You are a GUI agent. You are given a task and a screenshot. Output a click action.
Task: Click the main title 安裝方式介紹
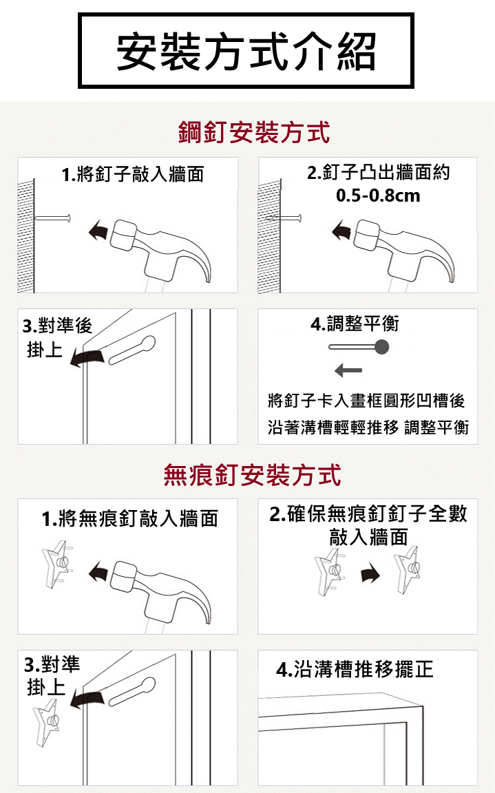[x=246, y=52]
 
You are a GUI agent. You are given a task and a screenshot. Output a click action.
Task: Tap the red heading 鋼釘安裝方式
[x=254, y=132]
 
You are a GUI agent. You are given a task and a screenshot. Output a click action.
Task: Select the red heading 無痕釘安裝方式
[x=252, y=476]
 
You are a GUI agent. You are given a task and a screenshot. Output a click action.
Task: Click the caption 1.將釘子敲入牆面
[x=132, y=174]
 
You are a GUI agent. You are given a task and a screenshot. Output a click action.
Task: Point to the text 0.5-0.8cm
[x=378, y=195]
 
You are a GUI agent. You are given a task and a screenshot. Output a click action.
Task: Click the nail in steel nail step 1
[x=52, y=218]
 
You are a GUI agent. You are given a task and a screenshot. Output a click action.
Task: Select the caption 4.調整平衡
[x=355, y=324]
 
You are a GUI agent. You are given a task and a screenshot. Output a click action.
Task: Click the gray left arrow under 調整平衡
[x=348, y=371]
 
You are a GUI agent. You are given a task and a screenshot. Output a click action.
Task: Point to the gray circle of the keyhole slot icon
[x=381, y=347]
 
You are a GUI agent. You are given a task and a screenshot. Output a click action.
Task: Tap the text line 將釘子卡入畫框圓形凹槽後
[x=366, y=401]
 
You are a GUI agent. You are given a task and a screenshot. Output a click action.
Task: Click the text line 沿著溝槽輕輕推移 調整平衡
[x=368, y=427]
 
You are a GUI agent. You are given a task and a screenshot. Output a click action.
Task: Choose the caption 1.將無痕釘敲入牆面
[x=130, y=518]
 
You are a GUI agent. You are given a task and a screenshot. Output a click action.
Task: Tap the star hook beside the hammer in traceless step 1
[x=56, y=564]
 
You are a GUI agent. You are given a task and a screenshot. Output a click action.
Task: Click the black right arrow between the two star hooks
[x=370, y=573]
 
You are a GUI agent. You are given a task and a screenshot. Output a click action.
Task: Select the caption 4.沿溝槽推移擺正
[x=355, y=669]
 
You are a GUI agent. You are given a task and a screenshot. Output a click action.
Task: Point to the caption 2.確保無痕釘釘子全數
[x=368, y=514]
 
